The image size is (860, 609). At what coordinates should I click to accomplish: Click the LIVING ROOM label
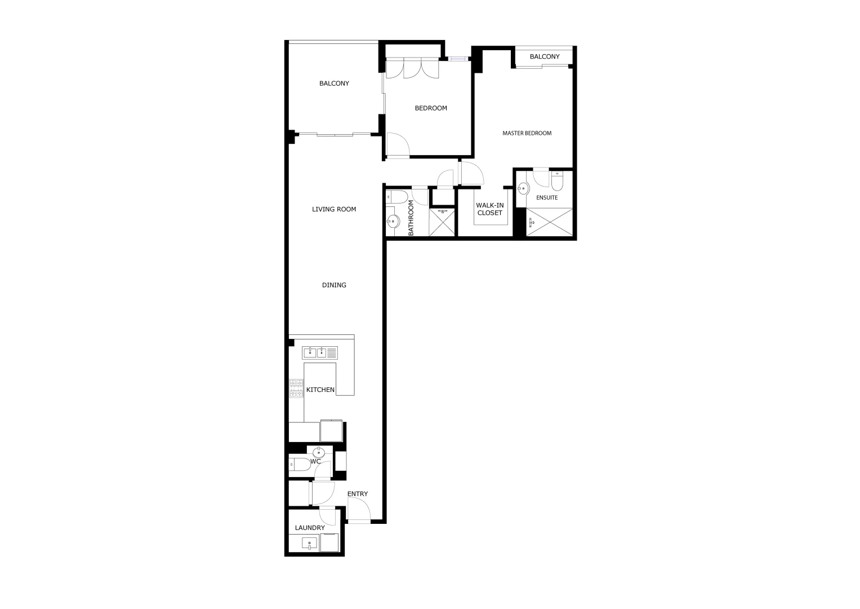pos(334,209)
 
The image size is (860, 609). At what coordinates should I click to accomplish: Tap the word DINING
pos(334,285)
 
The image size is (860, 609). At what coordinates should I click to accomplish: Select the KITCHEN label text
pos(320,390)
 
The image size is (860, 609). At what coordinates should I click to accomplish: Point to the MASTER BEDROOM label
pos(527,133)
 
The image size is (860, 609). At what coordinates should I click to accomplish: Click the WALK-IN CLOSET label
pos(489,209)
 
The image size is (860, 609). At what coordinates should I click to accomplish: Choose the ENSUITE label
pos(547,198)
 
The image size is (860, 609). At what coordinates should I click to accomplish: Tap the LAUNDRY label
pos(310,528)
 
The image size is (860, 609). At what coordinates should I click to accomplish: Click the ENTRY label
pos(357,494)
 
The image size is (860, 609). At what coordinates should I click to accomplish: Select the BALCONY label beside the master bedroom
pos(545,56)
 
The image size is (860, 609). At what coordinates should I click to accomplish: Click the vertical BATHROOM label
pos(411,218)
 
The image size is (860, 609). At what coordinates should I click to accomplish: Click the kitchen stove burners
pos(296,388)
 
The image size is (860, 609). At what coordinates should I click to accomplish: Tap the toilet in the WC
pos(299,464)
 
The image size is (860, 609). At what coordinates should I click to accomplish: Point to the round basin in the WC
pos(319,452)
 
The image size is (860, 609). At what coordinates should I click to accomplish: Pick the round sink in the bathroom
pos(393,222)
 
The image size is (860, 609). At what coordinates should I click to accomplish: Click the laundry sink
pos(309,544)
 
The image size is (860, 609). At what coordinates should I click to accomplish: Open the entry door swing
pos(358,511)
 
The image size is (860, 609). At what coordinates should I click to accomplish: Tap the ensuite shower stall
pos(550,222)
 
